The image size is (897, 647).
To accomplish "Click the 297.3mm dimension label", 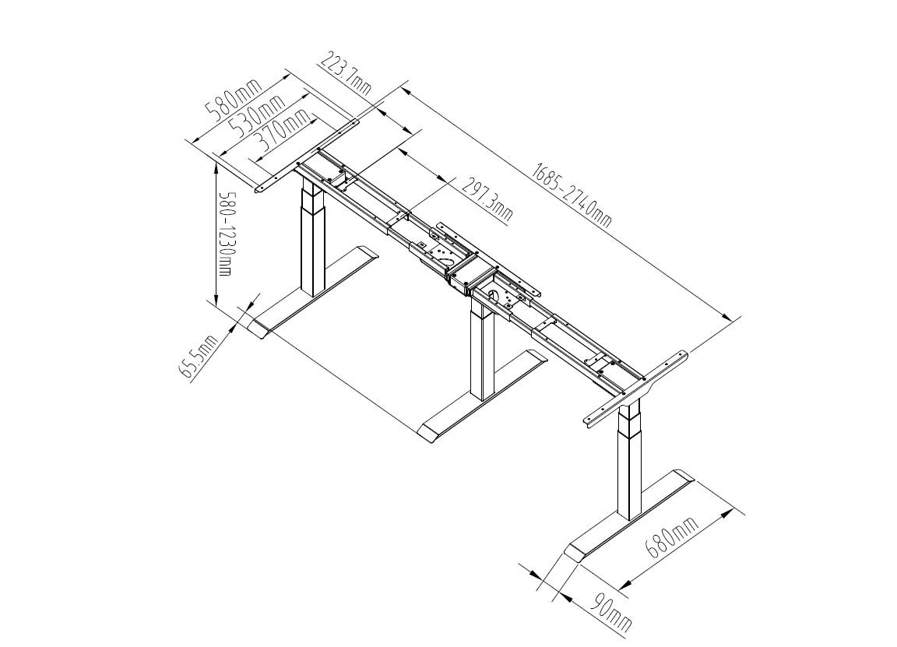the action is [x=487, y=199].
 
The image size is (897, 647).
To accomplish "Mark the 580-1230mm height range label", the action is [x=223, y=233].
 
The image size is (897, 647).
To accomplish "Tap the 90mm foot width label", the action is [x=612, y=611].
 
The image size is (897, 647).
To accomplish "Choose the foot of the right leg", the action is [x=629, y=515].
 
